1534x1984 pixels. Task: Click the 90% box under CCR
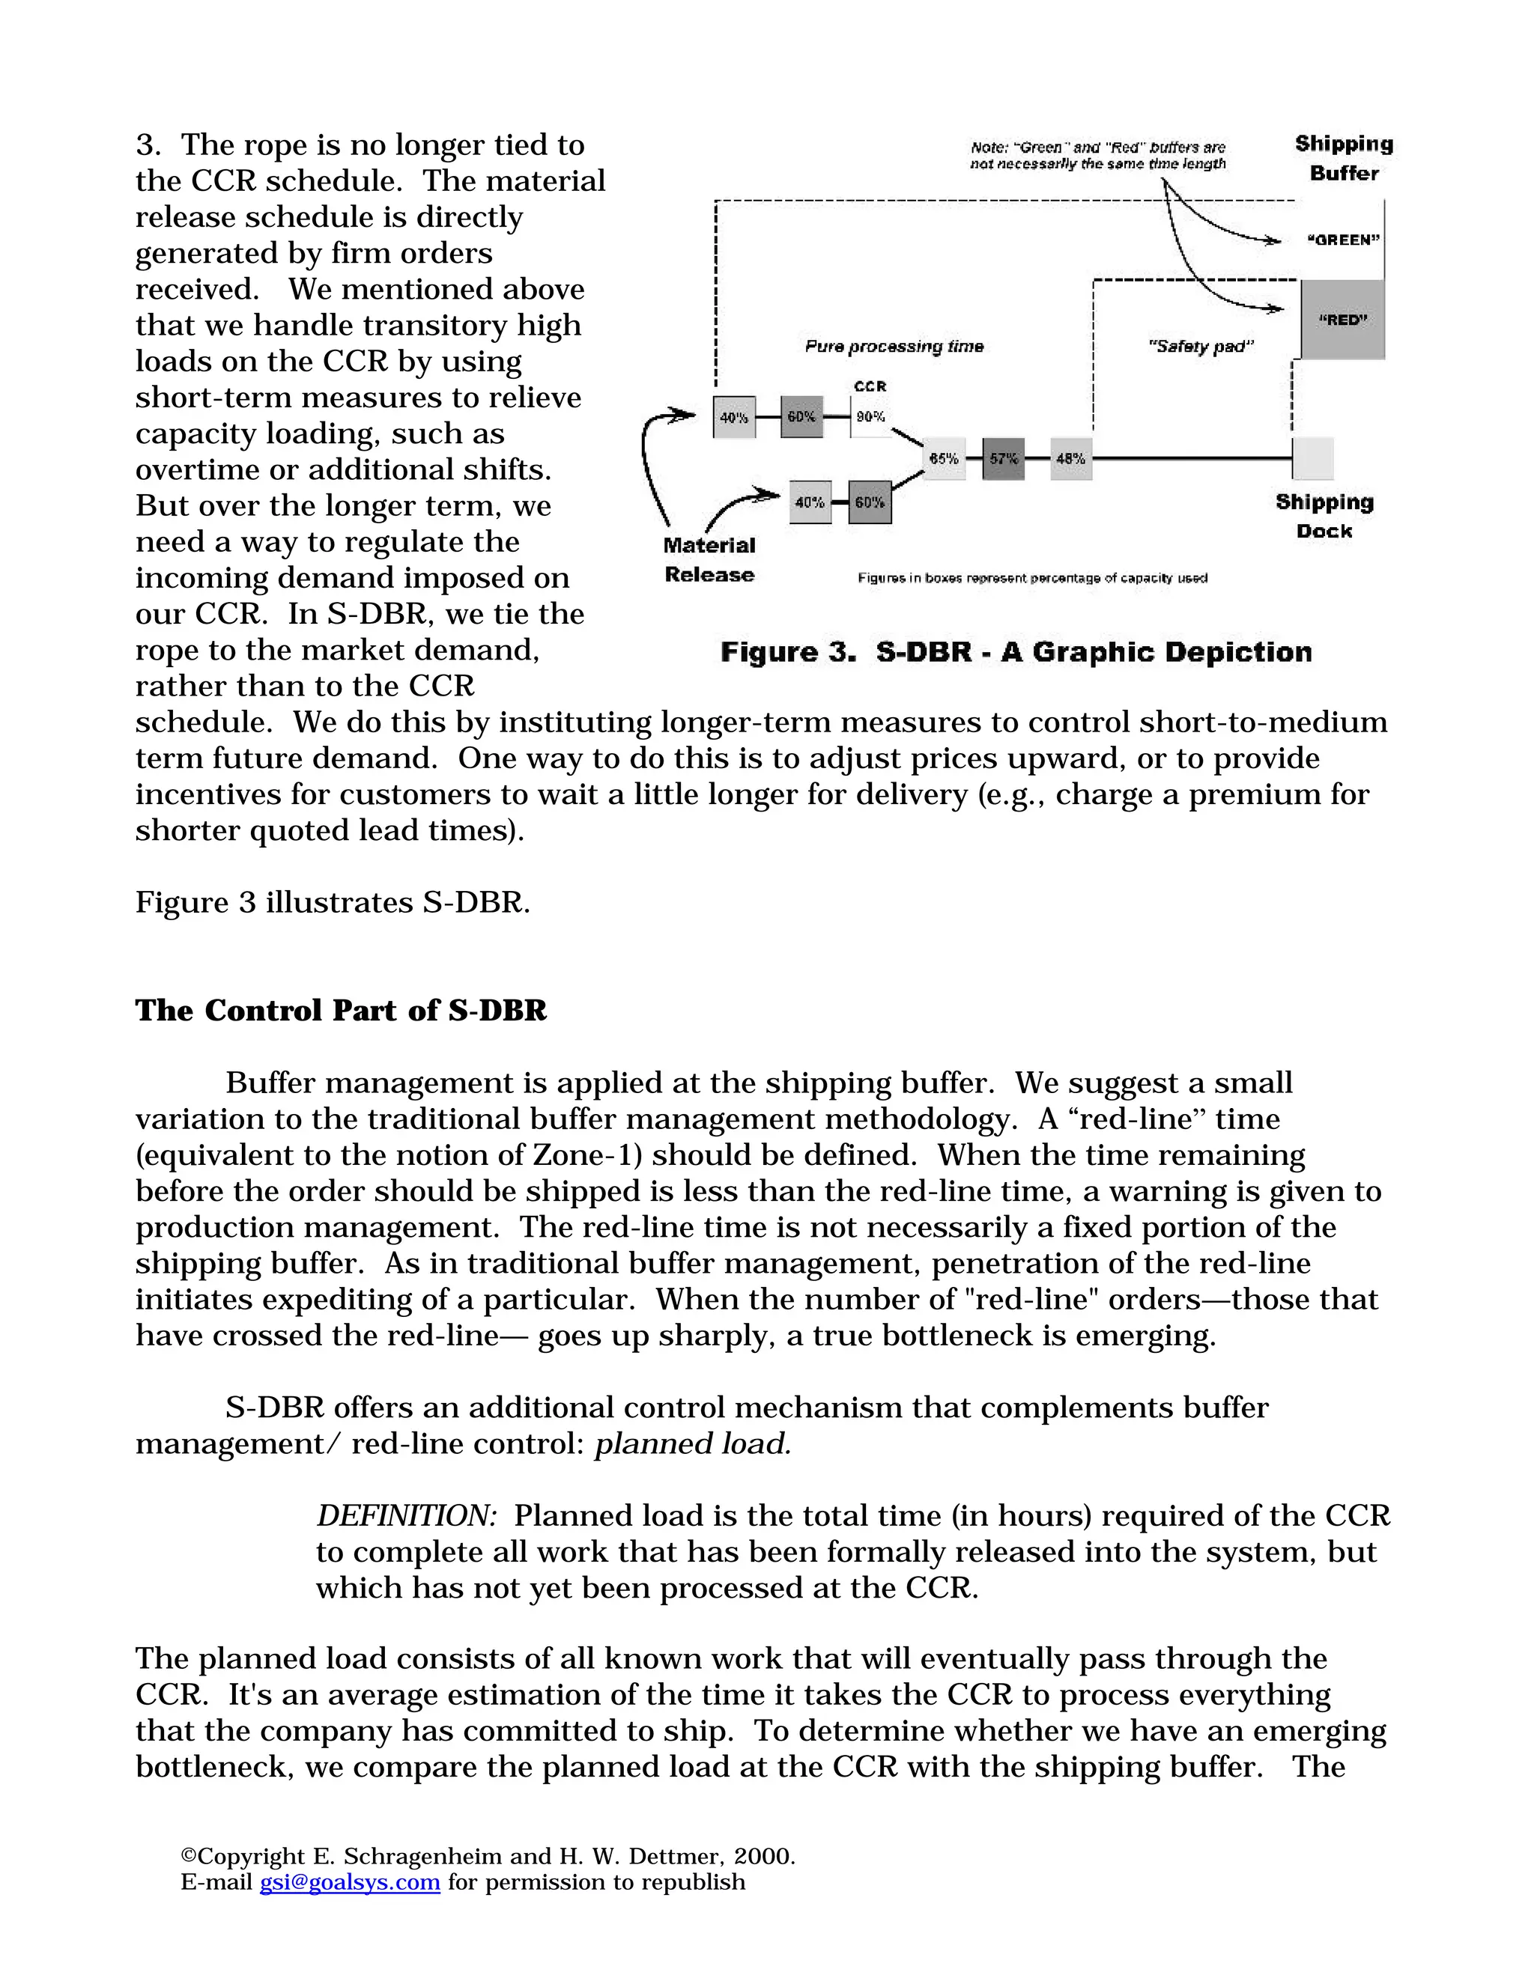coord(870,418)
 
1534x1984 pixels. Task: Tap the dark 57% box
coord(1003,459)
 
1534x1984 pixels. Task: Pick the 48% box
coord(1070,459)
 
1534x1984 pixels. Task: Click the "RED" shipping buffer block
coord(1342,320)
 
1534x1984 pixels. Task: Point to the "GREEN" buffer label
coord(1343,240)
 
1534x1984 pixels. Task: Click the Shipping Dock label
coord(1324,516)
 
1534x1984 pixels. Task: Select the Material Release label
coord(709,559)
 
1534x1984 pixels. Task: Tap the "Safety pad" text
coord(1201,346)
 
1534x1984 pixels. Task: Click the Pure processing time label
coord(894,346)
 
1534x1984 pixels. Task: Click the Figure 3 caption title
coord(1015,652)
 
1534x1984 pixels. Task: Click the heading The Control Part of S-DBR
coord(341,1010)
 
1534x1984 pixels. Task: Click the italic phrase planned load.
coord(693,1443)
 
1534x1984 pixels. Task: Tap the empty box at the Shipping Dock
coord(1312,459)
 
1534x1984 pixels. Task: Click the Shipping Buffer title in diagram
coord(1343,158)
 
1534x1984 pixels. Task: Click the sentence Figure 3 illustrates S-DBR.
coord(333,902)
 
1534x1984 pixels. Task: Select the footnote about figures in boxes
coord(1031,578)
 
